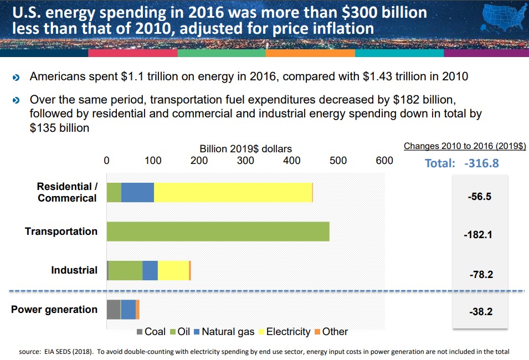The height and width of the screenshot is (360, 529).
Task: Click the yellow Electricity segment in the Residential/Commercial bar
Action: click(x=233, y=192)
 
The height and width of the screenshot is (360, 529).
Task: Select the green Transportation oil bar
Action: click(x=218, y=232)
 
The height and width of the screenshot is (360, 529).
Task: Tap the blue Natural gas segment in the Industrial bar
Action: click(x=150, y=270)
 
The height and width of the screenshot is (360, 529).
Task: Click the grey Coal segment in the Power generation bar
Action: click(x=114, y=309)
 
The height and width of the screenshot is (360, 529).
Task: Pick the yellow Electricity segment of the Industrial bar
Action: click(x=173, y=270)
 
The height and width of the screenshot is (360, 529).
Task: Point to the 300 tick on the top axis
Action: click(x=245, y=161)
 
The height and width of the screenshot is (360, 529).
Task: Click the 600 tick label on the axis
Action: click(x=384, y=161)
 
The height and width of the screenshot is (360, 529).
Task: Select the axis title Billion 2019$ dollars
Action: click(x=245, y=148)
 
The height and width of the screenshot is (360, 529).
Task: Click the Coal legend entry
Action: click(x=151, y=332)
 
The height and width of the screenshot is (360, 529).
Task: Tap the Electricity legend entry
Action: click(x=283, y=332)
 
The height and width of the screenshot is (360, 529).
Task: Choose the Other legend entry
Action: click(x=331, y=332)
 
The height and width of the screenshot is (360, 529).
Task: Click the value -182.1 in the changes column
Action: click(x=478, y=235)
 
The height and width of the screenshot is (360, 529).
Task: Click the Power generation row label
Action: click(x=54, y=310)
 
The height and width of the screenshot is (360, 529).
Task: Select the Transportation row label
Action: click(x=61, y=232)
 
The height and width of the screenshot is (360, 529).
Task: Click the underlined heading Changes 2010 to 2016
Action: click(x=465, y=146)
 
